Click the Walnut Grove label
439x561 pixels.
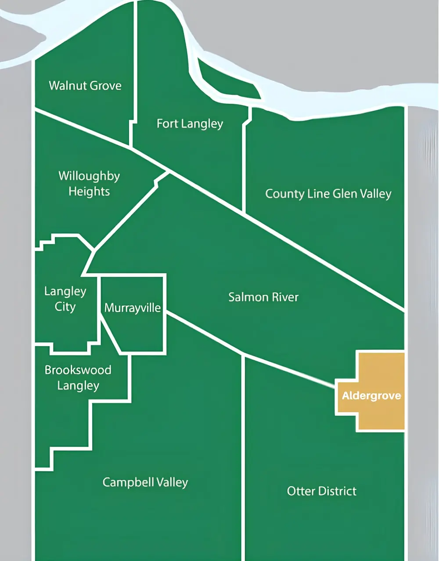(85, 85)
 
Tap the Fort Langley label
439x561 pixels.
(190, 124)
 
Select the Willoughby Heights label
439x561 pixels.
(89, 184)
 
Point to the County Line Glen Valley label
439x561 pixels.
(328, 194)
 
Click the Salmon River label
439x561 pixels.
(263, 297)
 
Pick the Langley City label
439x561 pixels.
(65, 299)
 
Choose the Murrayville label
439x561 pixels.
(133, 308)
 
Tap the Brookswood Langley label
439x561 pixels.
(78, 378)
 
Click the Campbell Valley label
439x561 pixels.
(145, 482)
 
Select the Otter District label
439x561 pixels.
(321, 491)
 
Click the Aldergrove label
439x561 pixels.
(371, 396)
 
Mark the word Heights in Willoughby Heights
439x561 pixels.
(89, 192)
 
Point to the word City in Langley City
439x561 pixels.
(65, 307)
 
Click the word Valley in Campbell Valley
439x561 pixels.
(172, 482)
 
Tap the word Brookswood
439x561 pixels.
(78, 370)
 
